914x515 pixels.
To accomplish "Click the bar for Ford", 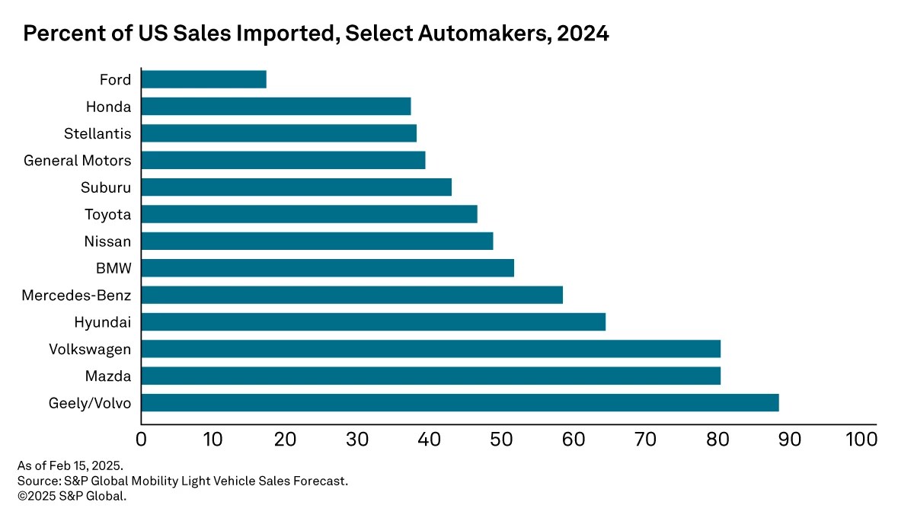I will coord(204,79).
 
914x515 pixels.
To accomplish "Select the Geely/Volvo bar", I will coord(460,402).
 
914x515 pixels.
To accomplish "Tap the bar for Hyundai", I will coord(373,321).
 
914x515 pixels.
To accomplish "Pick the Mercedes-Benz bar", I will coord(352,295).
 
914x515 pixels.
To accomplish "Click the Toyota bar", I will coord(309,214).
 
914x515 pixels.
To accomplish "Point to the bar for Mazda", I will coord(431,376).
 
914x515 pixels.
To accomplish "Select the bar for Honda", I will coord(276,106).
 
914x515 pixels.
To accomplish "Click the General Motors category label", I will coord(77,161).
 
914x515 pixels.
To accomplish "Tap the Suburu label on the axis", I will coord(106,187).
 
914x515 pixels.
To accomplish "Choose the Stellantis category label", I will coord(97,133).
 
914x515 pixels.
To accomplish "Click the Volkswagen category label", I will coord(90,349).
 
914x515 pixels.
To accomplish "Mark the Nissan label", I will coord(108,242).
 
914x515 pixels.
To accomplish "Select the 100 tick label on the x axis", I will coord(861,439).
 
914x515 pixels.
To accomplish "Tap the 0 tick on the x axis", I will coord(141,439).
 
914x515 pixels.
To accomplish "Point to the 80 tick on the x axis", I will coord(717,439).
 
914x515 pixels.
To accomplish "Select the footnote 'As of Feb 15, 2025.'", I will coord(70,465).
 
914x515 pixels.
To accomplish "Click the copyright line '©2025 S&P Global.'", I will coord(72,496).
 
